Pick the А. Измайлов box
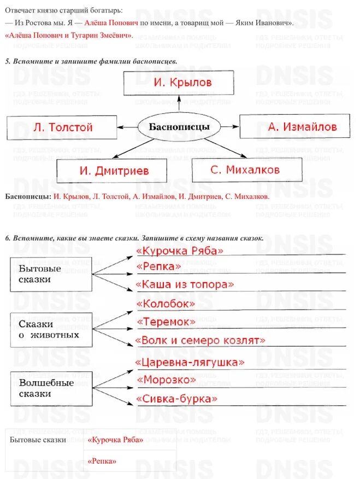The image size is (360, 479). click(294, 127)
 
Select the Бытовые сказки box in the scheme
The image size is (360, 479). click(51, 274)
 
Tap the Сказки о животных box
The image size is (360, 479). click(51, 330)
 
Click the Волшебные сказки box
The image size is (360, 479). click(51, 388)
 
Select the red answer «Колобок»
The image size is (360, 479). click(166, 303)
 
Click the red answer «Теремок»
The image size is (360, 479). click(166, 322)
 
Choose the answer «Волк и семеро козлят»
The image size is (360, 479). click(200, 340)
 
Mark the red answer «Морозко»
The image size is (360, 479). click(166, 379)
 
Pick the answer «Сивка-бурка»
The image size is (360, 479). click(176, 399)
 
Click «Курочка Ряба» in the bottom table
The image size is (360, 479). click(115, 440)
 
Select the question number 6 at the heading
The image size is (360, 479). click(7, 238)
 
